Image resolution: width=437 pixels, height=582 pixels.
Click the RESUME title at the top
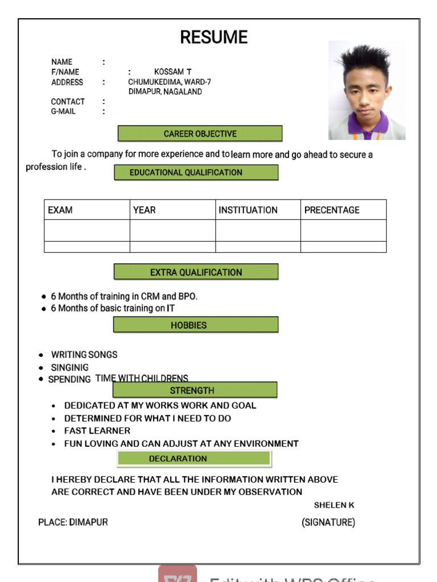point(214,38)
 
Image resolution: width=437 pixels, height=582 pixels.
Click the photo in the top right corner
point(366,91)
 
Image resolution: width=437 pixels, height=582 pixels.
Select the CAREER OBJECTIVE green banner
point(200,134)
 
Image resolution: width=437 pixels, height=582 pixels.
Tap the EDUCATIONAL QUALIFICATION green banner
point(196,172)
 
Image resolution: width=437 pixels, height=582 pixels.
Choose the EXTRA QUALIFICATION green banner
point(196,272)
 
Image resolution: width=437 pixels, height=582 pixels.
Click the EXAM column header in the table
point(60,210)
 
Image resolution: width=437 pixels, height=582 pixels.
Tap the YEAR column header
point(145,210)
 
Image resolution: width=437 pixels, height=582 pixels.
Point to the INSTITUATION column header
point(248,210)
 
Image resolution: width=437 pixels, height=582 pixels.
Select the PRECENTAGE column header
point(332,210)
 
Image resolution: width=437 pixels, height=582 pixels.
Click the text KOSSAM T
point(173,72)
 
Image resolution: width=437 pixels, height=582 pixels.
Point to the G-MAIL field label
point(63,111)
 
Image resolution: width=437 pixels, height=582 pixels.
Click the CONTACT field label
point(68,102)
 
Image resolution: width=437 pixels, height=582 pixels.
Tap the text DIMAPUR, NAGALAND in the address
point(165,92)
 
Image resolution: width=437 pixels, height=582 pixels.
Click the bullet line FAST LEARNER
point(97,431)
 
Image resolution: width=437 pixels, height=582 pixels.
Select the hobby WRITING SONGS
point(84,355)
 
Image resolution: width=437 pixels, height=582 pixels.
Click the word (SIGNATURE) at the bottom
point(328,522)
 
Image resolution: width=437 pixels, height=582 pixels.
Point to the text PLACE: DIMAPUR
point(73,522)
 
